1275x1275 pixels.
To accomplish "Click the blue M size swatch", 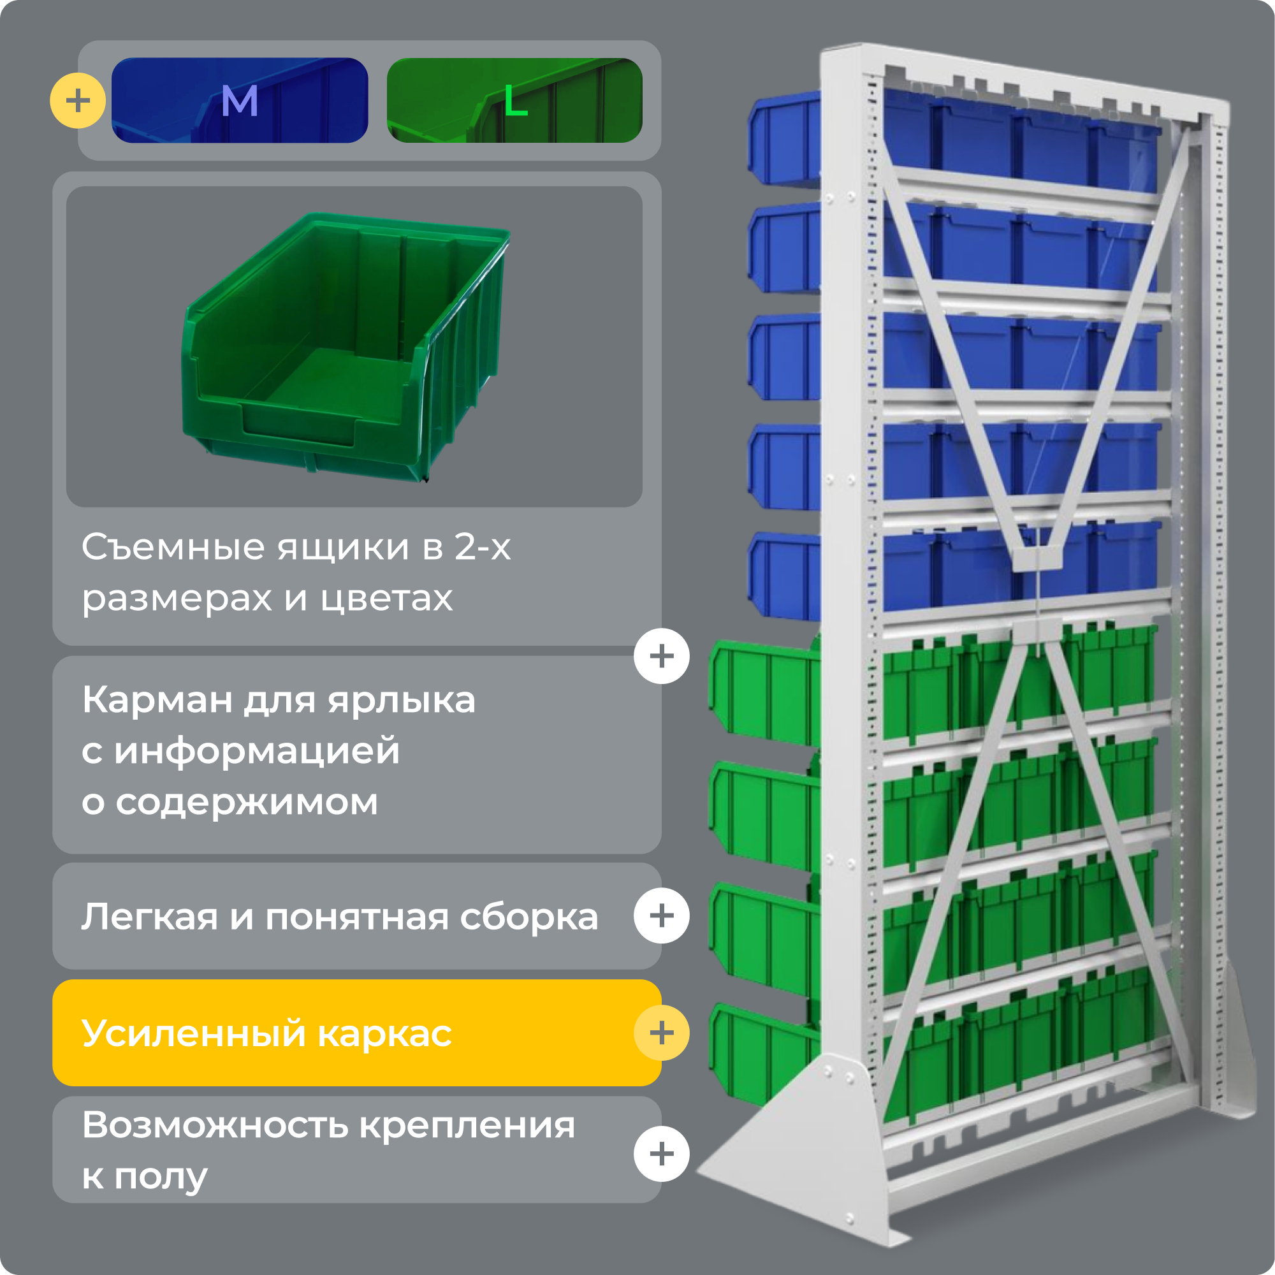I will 240,100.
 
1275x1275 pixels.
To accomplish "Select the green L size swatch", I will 514,100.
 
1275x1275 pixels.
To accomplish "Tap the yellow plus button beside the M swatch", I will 78,100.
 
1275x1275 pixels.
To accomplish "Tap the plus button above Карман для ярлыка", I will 661,656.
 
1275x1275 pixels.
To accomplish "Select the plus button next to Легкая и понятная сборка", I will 661,915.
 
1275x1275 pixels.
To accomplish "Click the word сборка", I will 528,917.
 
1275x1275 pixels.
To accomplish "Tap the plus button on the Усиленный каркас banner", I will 661,1033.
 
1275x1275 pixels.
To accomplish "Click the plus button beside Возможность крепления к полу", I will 661,1154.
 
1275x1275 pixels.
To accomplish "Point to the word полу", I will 161,1177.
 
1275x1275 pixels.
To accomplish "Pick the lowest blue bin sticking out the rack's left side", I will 784,578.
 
